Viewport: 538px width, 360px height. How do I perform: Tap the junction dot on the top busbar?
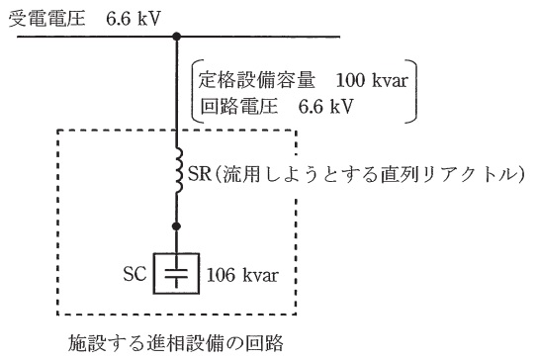coord(178,38)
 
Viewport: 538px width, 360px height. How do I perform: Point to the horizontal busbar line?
coord(277,38)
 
